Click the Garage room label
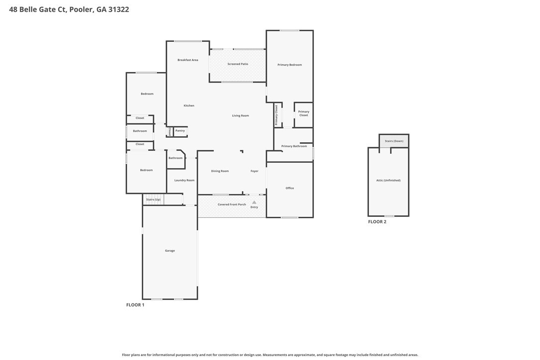(170, 251)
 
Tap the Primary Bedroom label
(289, 65)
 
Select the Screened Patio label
(238, 64)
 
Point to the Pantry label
(180, 131)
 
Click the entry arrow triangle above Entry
(254, 202)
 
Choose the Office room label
(290, 188)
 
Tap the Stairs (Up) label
(153, 199)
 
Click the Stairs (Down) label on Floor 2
(394, 141)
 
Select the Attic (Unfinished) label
(388, 180)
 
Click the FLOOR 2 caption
(377, 222)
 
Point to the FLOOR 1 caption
(135, 305)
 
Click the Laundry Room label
(184, 180)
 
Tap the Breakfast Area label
(188, 60)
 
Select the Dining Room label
(220, 171)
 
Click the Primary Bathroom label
(294, 146)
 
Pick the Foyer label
(255, 171)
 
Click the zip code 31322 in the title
(118, 9)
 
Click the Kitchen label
(189, 105)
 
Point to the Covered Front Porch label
(232, 204)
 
